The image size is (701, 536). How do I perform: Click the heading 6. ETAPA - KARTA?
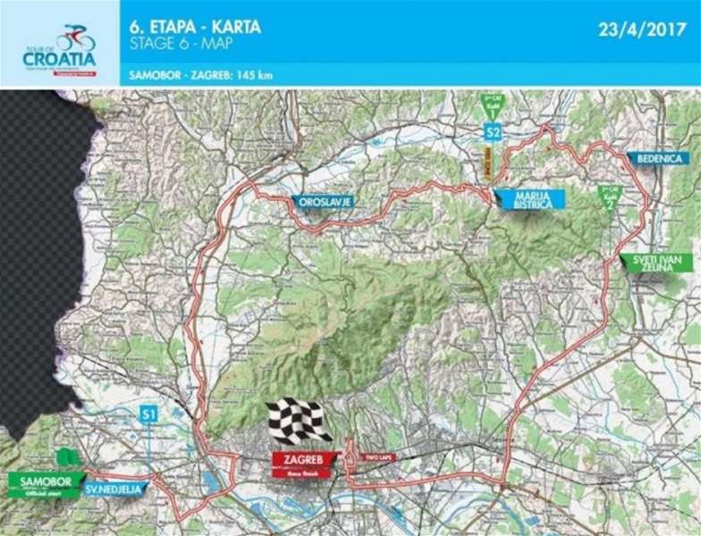coord(195,26)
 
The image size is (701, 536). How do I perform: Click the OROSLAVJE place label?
coord(322,202)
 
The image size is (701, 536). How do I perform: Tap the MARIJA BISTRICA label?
coord(528,199)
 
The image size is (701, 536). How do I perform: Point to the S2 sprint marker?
coord(492,132)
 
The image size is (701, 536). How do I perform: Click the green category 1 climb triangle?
coord(491,109)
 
